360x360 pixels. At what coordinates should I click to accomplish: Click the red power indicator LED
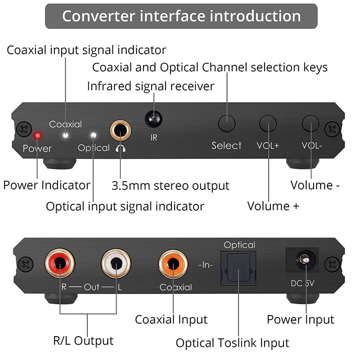(x=38, y=135)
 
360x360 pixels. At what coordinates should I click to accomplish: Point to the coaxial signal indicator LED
(x=66, y=134)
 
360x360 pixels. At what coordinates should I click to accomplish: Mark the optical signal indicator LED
(x=94, y=135)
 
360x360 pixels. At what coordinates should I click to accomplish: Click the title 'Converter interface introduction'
(x=181, y=16)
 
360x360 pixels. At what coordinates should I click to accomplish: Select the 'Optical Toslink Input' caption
(x=232, y=343)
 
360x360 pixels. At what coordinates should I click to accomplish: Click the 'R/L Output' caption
(x=83, y=340)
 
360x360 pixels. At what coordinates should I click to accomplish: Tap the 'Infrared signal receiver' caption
(x=151, y=85)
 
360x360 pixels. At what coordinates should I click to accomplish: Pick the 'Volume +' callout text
(x=273, y=206)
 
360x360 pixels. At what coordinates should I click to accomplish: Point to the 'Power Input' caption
(x=300, y=319)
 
